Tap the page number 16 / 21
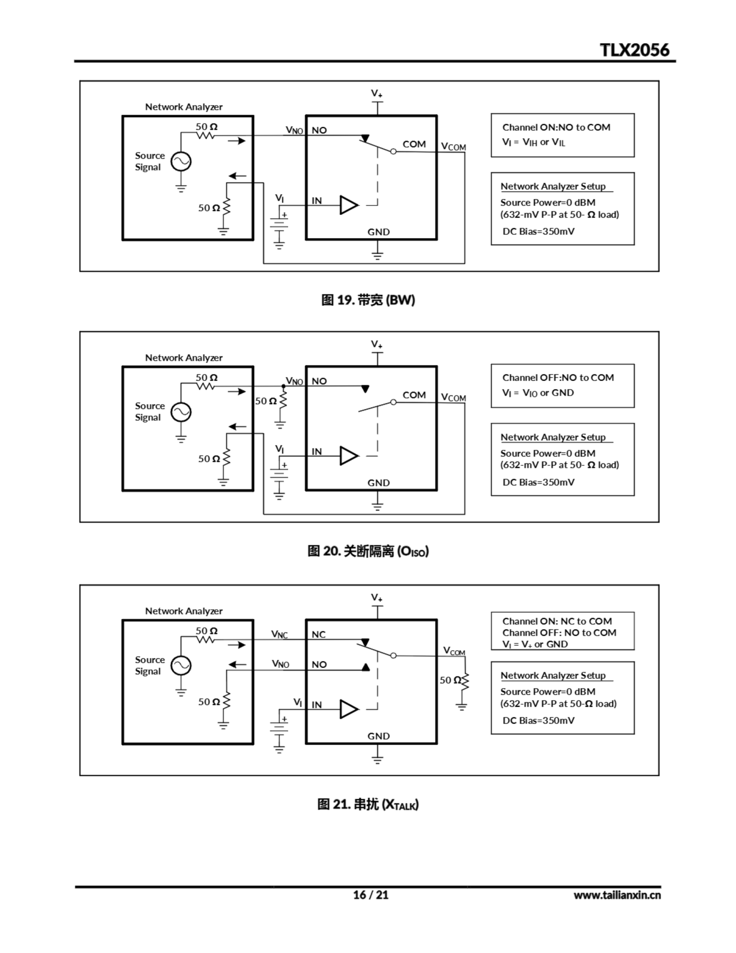[x=370, y=895]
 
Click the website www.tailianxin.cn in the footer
[x=617, y=895]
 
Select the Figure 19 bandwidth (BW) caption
[x=368, y=300]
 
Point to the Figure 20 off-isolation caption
[x=368, y=551]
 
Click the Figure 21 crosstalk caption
[x=368, y=804]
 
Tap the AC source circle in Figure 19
[x=180, y=162]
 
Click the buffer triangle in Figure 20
[x=349, y=456]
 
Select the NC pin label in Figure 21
[x=319, y=634]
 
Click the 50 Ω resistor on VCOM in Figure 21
[x=465, y=681]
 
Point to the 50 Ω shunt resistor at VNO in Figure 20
[x=283, y=400]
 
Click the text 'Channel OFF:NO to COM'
[x=558, y=377]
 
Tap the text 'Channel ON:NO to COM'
[x=556, y=127]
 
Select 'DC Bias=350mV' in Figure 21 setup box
[x=538, y=720]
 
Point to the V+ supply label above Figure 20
[x=377, y=345]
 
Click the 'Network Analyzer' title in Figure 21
[x=184, y=611]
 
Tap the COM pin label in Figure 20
[x=414, y=395]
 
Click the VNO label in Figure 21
[x=281, y=664]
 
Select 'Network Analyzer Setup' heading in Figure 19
[x=553, y=187]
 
